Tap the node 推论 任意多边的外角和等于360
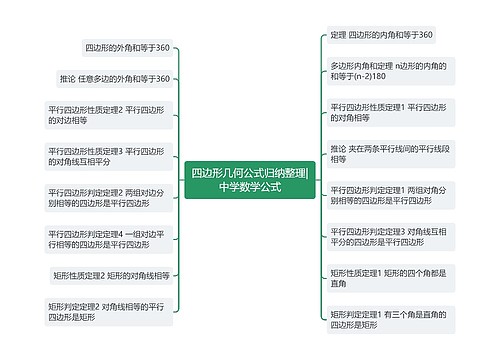click(x=115, y=79)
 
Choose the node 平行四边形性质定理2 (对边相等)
click(x=109, y=116)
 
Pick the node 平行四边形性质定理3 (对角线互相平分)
click(x=109, y=156)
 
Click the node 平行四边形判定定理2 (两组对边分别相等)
click(x=109, y=197)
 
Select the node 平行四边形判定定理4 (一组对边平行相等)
click(x=109, y=239)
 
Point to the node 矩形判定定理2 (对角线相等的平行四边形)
click(x=109, y=311)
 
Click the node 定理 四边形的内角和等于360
click(x=381, y=35)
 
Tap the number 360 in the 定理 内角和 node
click(x=423, y=35)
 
